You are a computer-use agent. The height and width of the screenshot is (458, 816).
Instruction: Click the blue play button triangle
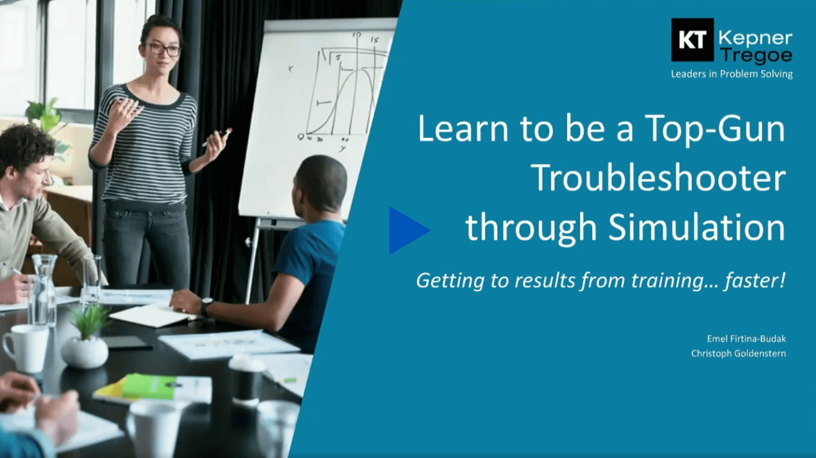[x=406, y=230]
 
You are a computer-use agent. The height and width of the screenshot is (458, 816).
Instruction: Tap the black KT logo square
[x=692, y=40]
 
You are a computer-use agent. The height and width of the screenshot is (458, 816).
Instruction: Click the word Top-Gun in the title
[x=715, y=128]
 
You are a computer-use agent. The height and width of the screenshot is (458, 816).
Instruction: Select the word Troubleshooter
[x=658, y=178]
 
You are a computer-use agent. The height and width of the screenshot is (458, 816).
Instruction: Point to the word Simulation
[x=696, y=227]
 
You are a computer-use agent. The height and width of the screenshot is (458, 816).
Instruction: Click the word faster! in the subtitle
[x=755, y=280]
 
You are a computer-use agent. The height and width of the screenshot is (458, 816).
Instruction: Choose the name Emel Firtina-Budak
[x=746, y=338]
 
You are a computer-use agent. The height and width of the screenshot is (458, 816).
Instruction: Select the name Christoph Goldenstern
[x=738, y=353]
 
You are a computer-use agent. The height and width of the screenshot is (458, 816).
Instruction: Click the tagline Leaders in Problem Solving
[x=731, y=74]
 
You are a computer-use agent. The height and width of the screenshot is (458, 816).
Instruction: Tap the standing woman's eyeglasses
[x=164, y=49]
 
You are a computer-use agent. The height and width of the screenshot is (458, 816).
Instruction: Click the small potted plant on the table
[x=86, y=338]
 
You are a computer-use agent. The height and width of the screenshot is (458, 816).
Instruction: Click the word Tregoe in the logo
[x=756, y=55]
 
